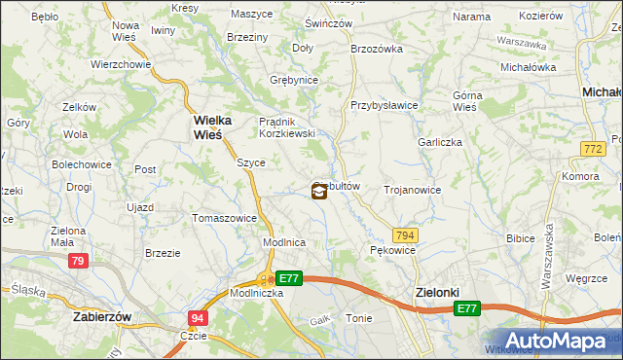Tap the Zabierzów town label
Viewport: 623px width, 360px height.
[102, 317]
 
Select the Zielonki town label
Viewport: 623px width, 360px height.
[429, 292]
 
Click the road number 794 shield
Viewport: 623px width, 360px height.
[406, 235]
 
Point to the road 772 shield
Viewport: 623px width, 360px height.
[591, 148]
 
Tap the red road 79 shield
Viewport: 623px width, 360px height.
[79, 261]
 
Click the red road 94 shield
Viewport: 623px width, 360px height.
[198, 317]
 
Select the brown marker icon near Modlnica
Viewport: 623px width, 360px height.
[318, 192]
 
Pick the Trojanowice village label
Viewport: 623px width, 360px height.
[413, 191]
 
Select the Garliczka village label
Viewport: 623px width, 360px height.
[439, 142]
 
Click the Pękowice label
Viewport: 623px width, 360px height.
[392, 251]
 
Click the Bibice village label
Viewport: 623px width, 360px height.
[523, 237]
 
